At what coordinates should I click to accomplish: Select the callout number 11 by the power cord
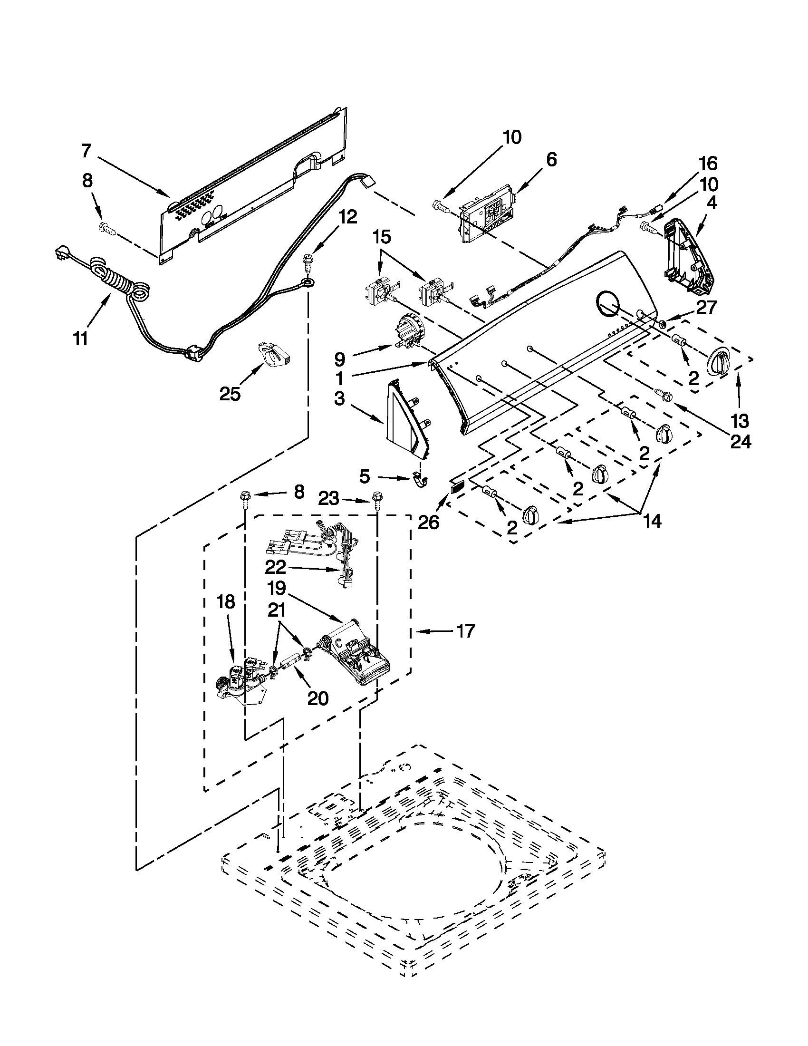point(80,339)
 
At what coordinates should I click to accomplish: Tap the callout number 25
point(230,394)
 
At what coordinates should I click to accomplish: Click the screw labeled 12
point(307,262)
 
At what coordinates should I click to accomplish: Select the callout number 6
point(551,160)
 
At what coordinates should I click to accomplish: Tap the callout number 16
point(708,164)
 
